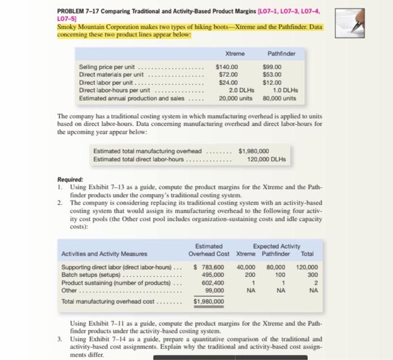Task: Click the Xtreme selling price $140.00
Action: pos(227,67)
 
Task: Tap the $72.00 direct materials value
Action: pos(227,75)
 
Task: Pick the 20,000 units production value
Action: pos(227,97)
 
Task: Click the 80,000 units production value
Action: pos(279,97)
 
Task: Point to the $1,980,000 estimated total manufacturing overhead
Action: pos(254,151)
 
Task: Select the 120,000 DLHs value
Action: pos(267,159)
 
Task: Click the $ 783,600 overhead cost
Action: pos(209,267)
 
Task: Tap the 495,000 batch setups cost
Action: pos(212,275)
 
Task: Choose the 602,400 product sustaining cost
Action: pos(212,283)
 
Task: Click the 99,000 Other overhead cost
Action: pos(214,291)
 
